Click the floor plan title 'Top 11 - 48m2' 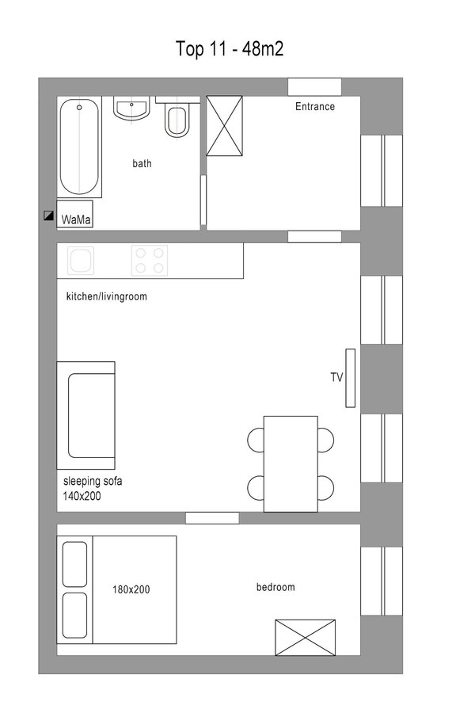coord(230,48)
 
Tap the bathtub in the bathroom coord(79,147)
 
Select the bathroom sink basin coord(131,109)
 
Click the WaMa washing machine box coord(75,214)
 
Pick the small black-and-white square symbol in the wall coord(48,215)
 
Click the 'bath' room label coord(142,163)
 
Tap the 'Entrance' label coord(315,106)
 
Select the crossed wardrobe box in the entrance coord(225,125)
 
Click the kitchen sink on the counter coord(81,261)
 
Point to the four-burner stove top coord(150,261)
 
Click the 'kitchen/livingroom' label coord(107,296)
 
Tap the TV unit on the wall coord(351,378)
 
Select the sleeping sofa coord(86,415)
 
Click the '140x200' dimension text coord(82,496)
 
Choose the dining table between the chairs coord(291,463)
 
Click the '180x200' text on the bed coord(131,589)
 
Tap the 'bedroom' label coord(275,587)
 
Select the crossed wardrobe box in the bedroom coord(306,638)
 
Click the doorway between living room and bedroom coord(212,518)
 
